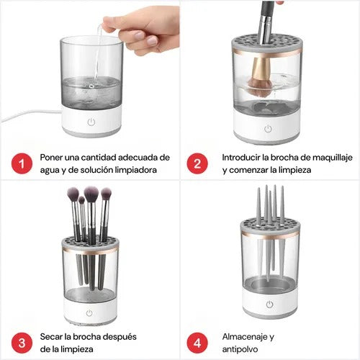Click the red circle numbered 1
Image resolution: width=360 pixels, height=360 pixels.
(22, 164)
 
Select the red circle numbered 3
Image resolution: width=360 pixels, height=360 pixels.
(22, 343)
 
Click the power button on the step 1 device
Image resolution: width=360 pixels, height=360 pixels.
(91, 122)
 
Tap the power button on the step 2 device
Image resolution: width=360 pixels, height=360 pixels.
(268, 129)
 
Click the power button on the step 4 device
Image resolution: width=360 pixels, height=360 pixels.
(268, 305)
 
